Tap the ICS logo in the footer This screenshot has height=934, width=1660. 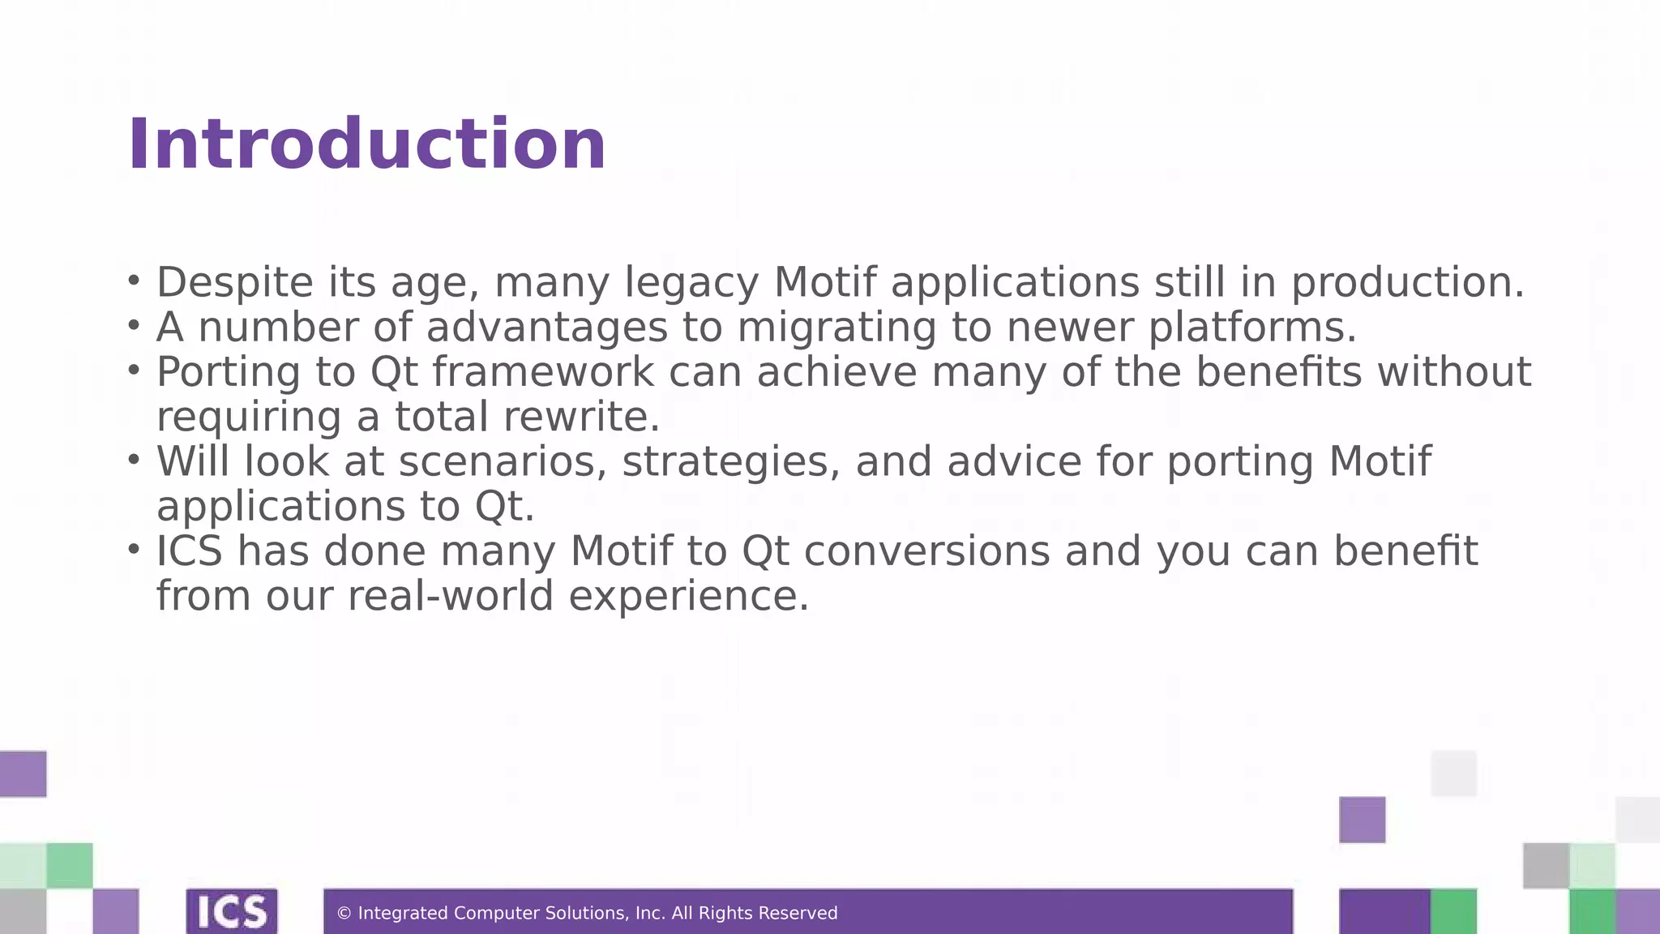click(x=232, y=912)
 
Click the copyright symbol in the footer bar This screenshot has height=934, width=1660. click(x=344, y=914)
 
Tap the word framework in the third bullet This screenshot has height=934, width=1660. click(x=542, y=372)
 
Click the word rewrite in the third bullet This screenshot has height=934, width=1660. click(x=581, y=417)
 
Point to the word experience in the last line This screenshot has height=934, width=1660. click(x=688, y=598)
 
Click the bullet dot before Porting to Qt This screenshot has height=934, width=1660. click(x=134, y=371)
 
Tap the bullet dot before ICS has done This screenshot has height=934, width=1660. click(x=134, y=549)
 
